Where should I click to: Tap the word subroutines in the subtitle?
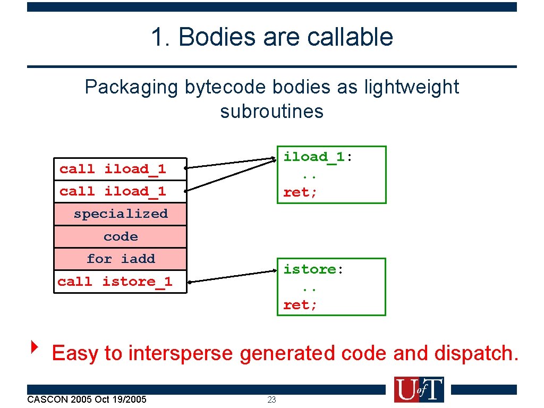271,112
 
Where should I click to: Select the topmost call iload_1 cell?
120,169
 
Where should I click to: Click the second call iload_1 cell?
120,192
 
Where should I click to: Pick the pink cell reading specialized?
120,214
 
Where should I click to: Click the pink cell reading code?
120,237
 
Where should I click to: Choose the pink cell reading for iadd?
120,259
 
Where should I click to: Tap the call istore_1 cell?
120,282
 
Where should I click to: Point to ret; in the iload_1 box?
300,193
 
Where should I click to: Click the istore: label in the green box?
313,269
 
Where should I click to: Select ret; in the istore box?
300,305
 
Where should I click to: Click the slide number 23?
271,400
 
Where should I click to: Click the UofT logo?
419,390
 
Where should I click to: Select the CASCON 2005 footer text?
87,399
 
